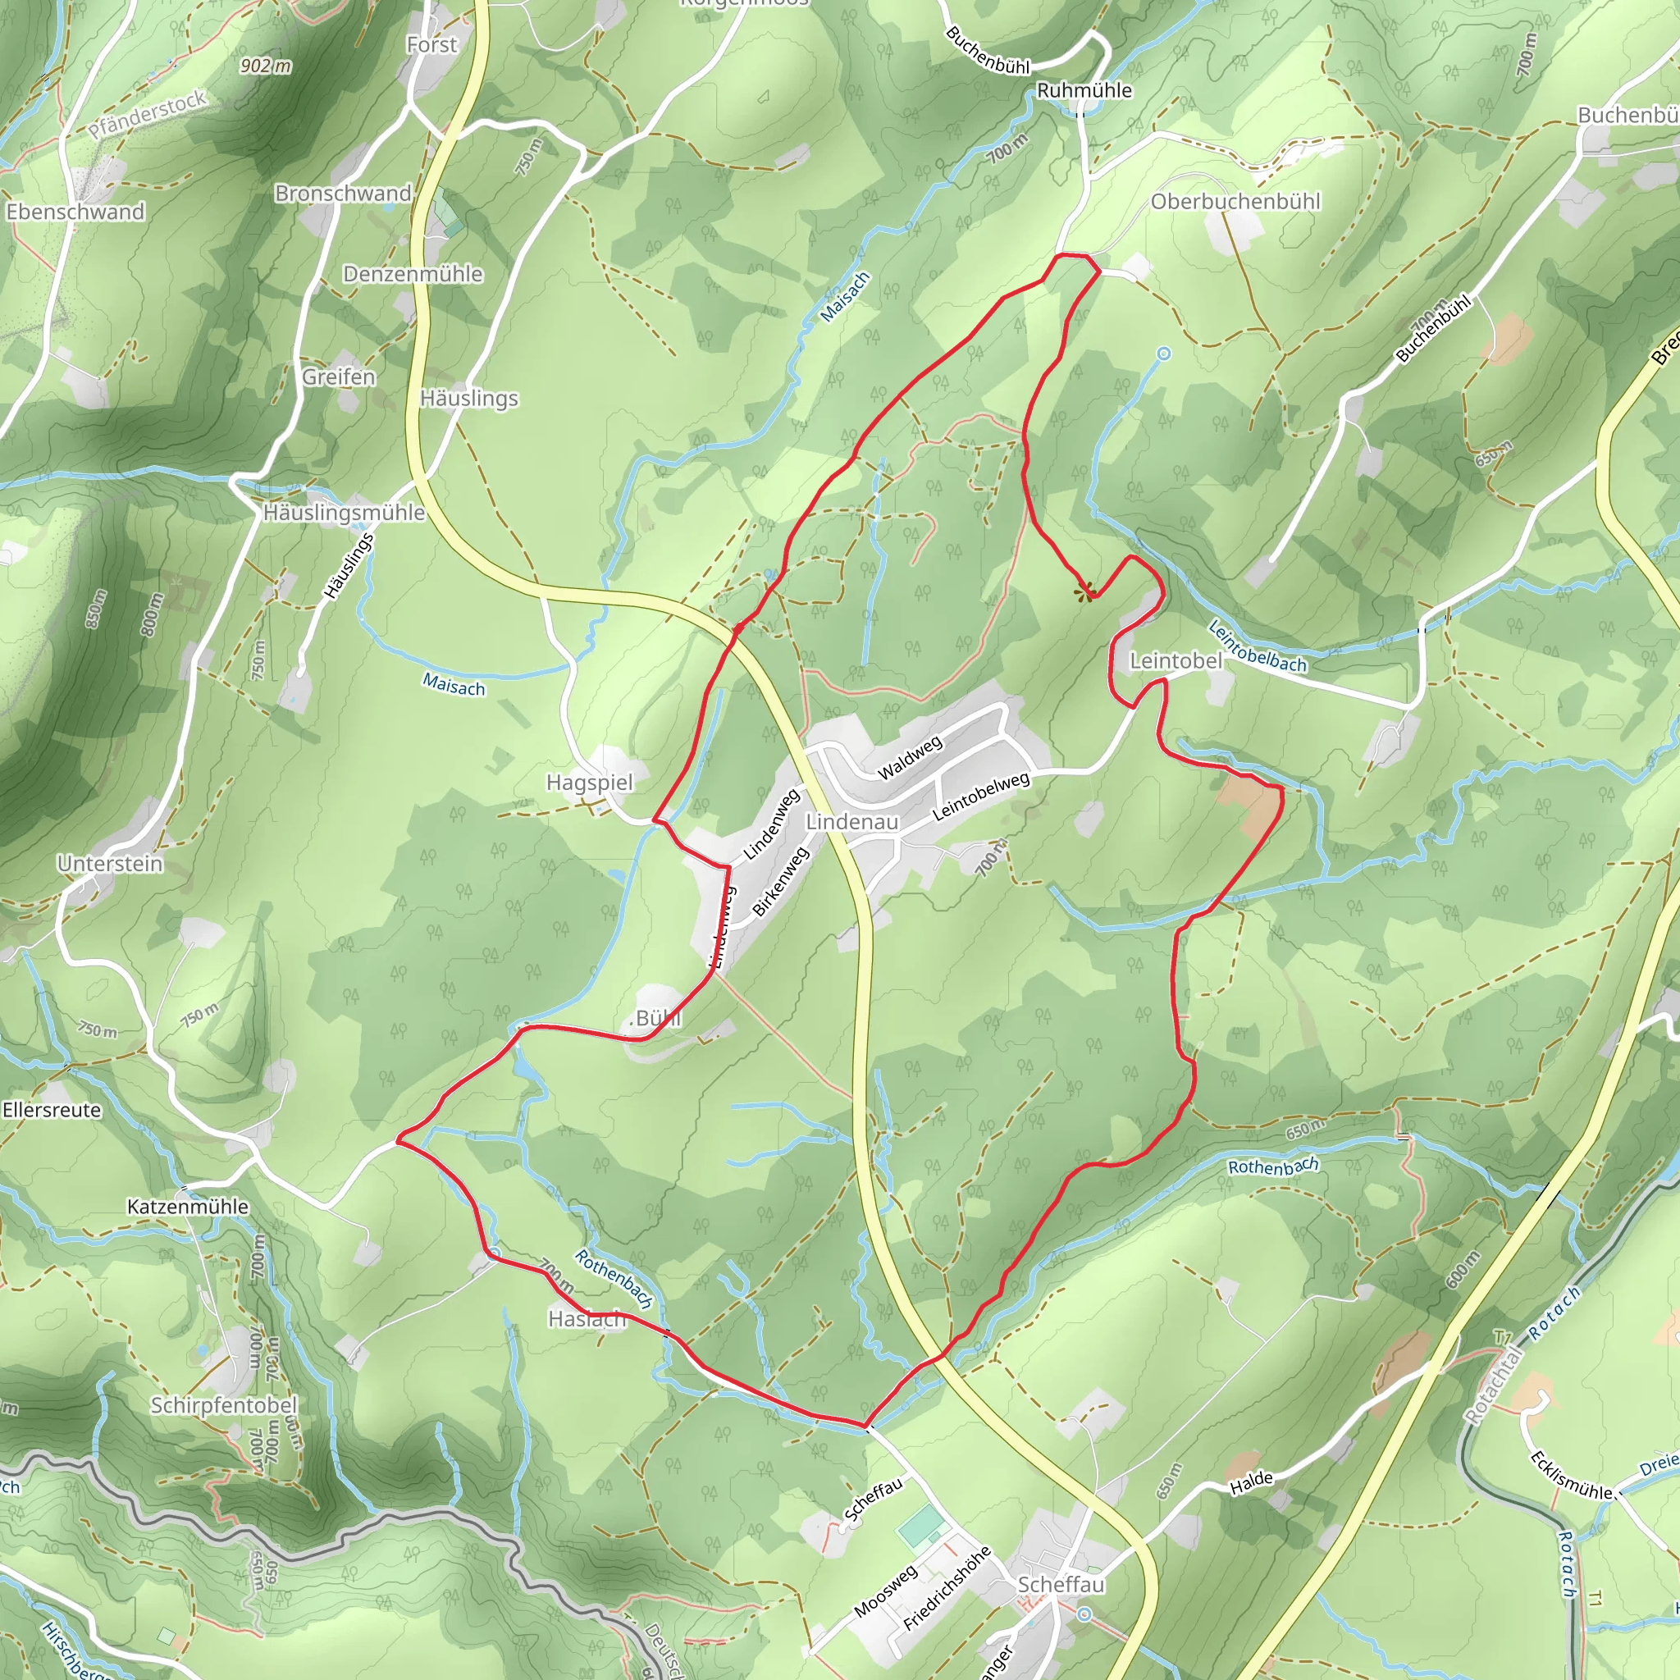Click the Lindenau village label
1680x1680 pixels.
pyautogui.click(x=851, y=822)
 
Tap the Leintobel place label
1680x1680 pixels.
pyautogui.click(x=1176, y=661)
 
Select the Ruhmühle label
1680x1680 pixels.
pyautogui.click(x=1084, y=90)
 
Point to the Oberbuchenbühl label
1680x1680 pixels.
pyautogui.click(x=1235, y=202)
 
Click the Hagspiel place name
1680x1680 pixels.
pyautogui.click(x=590, y=783)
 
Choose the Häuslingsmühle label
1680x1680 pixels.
pyautogui.click(x=345, y=513)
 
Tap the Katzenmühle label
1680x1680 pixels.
pyautogui.click(x=188, y=1207)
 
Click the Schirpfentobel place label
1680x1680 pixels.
pyautogui.click(x=223, y=1405)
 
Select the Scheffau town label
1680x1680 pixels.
pyautogui.click(x=1061, y=1584)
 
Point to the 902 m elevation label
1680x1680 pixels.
pyautogui.click(x=266, y=66)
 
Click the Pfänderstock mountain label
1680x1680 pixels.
pyautogui.click(x=148, y=114)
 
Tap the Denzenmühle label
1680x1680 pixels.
pyautogui.click(x=413, y=274)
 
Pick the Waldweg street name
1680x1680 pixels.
pyautogui.click(x=910, y=758)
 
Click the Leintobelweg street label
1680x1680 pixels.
pyautogui.click(x=981, y=797)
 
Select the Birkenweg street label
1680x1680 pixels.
pyautogui.click(x=780, y=882)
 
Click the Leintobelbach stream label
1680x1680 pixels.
pyautogui.click(x=1258, y=647)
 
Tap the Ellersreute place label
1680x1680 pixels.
pyautogui.click(x=52, y=1111)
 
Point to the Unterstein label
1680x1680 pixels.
pyautogui.click(x=111, y=864)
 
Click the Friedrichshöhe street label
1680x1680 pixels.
pyautogui.click(x=947, y=1589)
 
